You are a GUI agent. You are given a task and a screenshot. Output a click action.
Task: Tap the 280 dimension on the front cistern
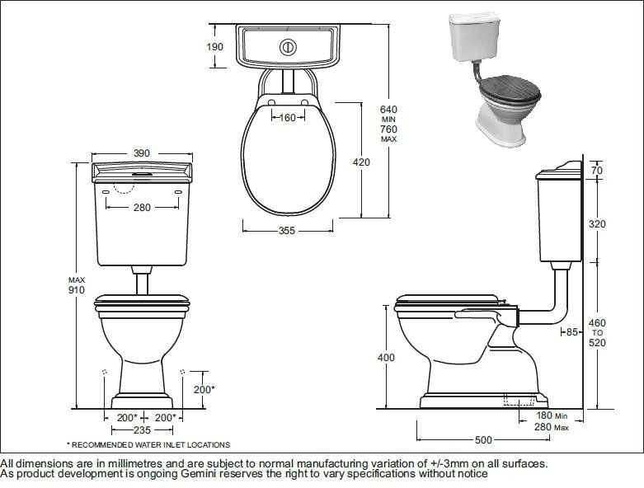pos(142,208)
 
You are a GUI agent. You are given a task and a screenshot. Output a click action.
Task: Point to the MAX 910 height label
pos(77,285)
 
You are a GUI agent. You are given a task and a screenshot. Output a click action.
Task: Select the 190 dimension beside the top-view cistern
pos(214,47)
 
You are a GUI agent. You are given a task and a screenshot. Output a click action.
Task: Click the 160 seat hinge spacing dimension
pos(287,118)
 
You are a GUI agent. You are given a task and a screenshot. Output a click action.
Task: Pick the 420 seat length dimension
pos(361,162)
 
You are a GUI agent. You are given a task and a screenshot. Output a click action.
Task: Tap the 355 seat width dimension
pos(286,231)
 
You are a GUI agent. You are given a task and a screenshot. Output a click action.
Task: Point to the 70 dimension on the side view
pos(597,171)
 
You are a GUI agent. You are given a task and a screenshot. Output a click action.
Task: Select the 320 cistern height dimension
pos(597,223)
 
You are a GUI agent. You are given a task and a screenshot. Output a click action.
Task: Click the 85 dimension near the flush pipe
pos(570,332)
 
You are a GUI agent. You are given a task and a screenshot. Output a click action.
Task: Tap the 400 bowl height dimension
pos(385,358)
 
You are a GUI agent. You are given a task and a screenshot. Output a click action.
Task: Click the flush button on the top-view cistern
pos(287,47)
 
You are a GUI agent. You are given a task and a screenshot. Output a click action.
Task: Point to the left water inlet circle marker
pos(104,372)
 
